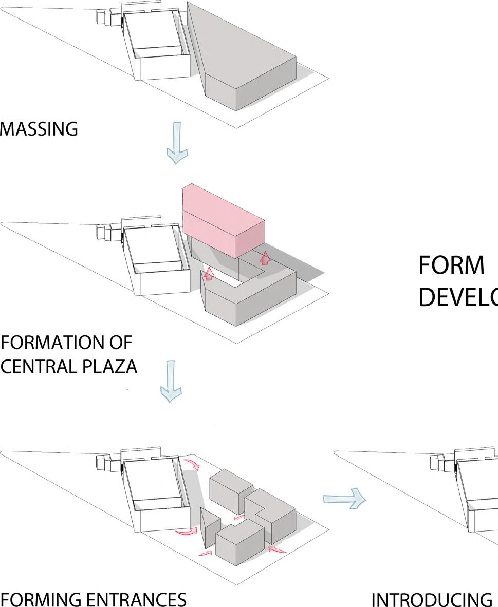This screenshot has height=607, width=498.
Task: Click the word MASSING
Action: point(39,129)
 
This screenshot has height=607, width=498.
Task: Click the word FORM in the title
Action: point(452,265)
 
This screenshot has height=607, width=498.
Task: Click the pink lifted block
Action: point(224,221)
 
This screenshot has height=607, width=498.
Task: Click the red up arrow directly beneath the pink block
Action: point(265,258)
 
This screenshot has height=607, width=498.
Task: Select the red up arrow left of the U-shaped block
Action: point(208,274)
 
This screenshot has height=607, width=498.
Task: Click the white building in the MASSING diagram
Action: point(157,46)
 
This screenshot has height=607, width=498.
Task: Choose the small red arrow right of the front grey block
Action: point(277,549)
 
